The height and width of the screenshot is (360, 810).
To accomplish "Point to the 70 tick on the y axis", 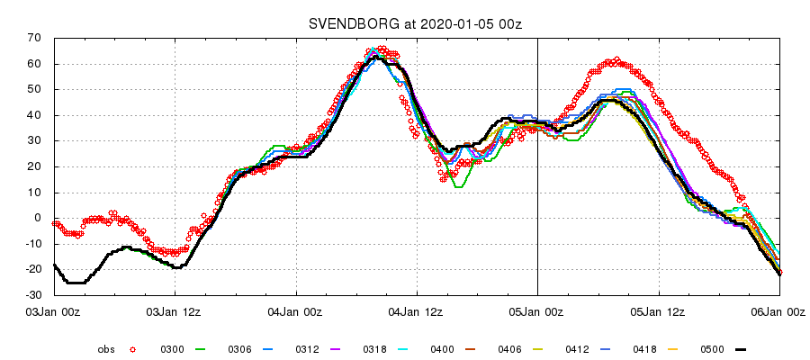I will [x=36, y=38].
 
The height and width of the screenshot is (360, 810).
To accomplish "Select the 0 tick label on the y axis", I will [x=40, y=218].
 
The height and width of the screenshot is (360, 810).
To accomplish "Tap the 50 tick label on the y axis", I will [x=36, y=89].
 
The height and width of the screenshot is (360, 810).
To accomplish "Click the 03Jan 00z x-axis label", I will [x=54, y=312].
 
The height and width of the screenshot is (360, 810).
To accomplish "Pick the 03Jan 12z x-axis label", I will [x=175, y=312].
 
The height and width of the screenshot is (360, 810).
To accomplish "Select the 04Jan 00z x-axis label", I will [x=296, y=312].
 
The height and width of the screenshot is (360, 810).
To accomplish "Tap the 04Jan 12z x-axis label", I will [x=417, y=312].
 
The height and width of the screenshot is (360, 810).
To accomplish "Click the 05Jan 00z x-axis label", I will [x=538, y=312].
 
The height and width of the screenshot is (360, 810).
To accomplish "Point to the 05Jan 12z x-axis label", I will [x=659, y=312].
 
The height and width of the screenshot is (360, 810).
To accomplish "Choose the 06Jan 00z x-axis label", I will [x=779, y=312].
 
